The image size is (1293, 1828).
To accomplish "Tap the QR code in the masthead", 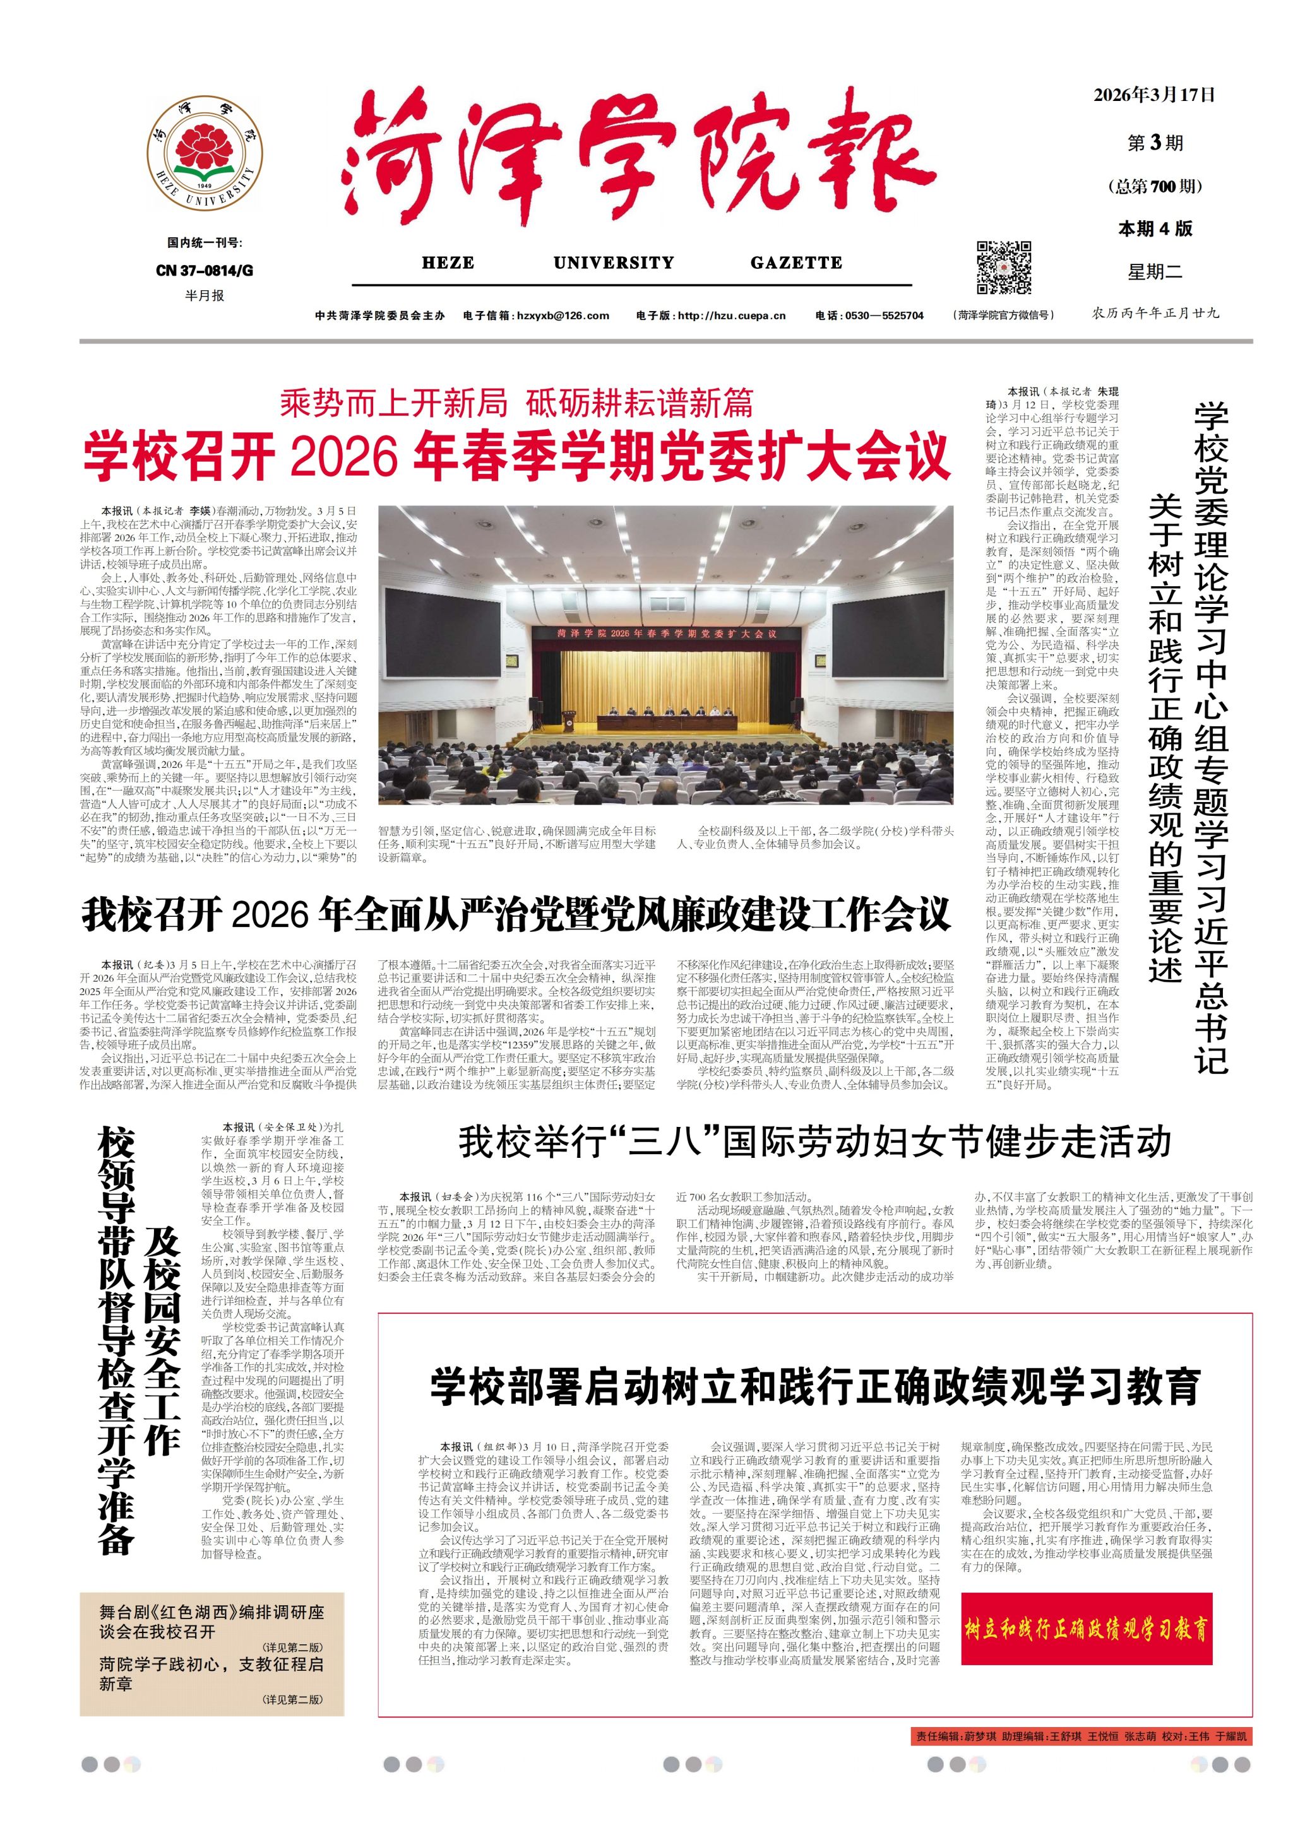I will coord(1004,268).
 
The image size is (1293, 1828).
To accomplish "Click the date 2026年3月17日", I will coord(1154,95).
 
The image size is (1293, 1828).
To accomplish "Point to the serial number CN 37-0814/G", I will coord(205,271).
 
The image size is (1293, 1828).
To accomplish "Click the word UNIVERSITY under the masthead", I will coord(614,262).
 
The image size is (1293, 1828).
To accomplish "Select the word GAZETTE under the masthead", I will coord(796,262).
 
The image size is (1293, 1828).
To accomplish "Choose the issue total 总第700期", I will coord(1154,186).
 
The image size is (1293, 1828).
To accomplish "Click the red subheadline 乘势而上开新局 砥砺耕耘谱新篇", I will coord(516,404).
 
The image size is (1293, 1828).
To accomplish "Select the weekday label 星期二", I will coord(1154,271).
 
